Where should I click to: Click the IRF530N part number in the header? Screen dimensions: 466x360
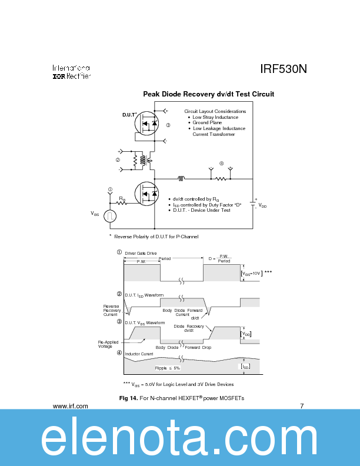click(x=284, y=69)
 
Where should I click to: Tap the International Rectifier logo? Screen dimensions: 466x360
click(x=71, y=72)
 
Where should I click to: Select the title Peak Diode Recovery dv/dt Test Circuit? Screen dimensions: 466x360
click(x=208, y=94)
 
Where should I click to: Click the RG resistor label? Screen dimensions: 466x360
click(x=122, y=199)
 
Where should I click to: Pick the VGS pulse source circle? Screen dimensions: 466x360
click(x=109, y=216)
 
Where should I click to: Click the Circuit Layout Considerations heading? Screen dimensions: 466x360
click(x=215, y=111)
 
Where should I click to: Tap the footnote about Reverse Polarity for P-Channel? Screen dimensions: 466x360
click(x=154, y=237)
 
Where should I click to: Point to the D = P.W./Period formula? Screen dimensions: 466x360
click(x=220, y=258)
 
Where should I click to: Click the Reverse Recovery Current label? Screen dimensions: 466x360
click(x=111, y=310)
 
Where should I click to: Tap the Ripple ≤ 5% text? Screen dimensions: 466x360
click(x=167, y=368)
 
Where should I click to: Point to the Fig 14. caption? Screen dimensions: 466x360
click(x=182, y=398)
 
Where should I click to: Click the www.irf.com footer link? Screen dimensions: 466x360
click(x=71, y=406)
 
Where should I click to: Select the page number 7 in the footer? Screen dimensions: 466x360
click(x=302, y=406)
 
